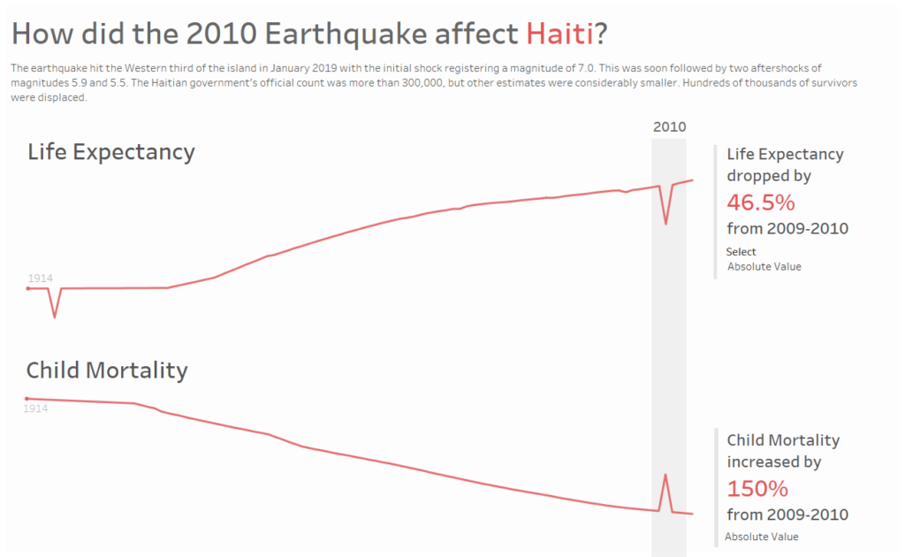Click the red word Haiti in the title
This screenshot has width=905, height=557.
click(559, 34)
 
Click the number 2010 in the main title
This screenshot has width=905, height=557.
click(222, 34)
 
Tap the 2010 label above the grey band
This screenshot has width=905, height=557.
click(670, 127)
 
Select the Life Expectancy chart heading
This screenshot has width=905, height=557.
click(111, 152)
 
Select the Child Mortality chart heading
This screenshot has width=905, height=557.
click(107, 370)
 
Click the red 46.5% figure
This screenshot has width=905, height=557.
click(761, 202)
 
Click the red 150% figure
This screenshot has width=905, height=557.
click(757, 489)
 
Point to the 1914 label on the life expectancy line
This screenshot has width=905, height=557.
click(41, 278)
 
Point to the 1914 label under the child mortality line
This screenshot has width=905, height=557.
click(35, 408)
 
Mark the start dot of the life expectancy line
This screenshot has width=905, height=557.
click(27, 288)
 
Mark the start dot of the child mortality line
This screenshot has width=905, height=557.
click(27, 399)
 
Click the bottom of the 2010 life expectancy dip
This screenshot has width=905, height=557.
click(665, 224)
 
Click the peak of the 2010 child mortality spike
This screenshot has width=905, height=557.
click(665, 475)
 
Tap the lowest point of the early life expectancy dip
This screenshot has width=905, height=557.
click(55, 317)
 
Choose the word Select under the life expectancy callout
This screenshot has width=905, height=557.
click(741, 252)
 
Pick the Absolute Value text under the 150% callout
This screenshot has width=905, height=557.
click(762, 537)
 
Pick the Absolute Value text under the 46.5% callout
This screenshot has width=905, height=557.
click(764, 267)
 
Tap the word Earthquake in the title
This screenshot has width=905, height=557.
click(346, 34)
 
